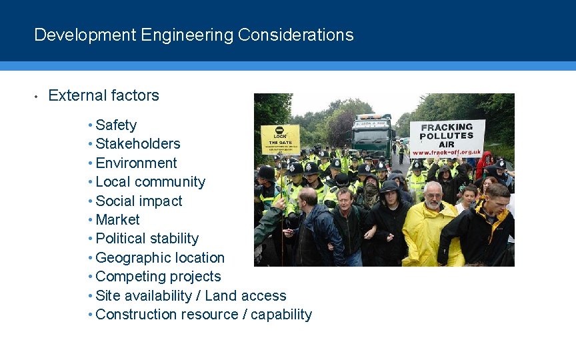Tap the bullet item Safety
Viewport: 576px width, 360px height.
tap(116, 125)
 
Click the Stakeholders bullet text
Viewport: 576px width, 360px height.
tap(138, 144)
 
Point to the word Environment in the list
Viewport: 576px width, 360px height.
tap(136, 163)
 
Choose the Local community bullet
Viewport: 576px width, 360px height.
tap(151, 182)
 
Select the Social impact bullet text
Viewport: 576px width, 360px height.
tap(139, 201)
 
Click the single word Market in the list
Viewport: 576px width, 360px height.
tap(117, 220)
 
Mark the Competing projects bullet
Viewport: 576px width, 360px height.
tap(158, 277)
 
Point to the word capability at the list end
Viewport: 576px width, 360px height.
tap(281, 315)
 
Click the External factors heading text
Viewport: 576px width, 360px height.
tap(104, 95)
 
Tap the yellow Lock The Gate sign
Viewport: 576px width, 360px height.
tap(280, 139)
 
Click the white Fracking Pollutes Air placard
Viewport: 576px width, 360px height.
tap(447, 137)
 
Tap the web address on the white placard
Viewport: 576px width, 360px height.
tap(447, 152)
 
